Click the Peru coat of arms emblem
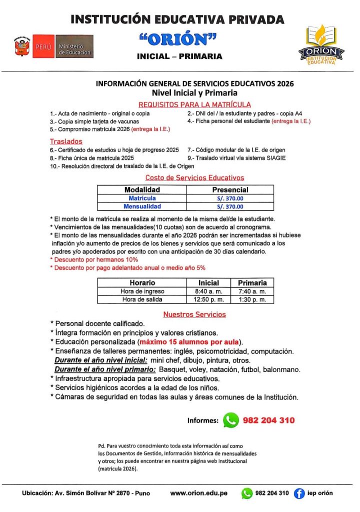tap(21, 46)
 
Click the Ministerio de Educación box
tap(74, 46)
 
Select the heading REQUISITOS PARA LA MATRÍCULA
tap(194, 104)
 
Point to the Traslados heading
tap(66, 141)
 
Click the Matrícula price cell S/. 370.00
tap(230, 198)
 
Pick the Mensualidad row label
tap(142, 206)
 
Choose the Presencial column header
tap(230, 190)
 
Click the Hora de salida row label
tap(142, 299)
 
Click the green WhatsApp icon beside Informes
tap(230, 420)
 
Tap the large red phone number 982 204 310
tap(268, 420)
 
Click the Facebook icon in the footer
tap(299, 493)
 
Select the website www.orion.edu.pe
tap(198, 493)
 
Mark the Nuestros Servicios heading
tap(194, 314)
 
